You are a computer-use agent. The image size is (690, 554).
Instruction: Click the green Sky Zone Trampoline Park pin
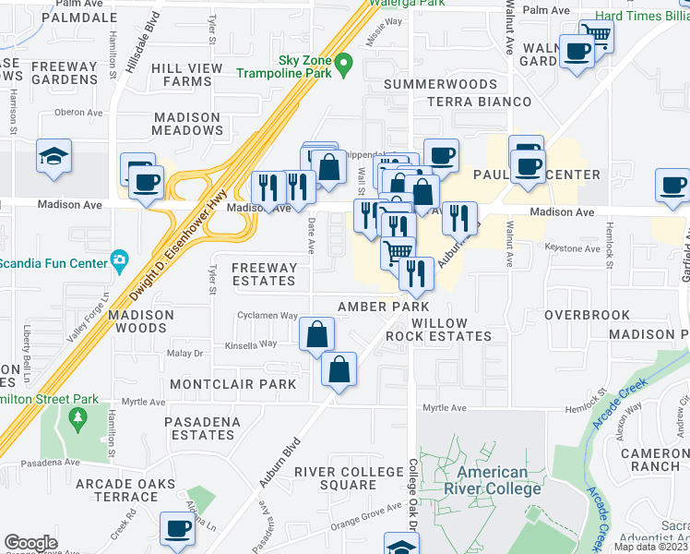tap(344, 65)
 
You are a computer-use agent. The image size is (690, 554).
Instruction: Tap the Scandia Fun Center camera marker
tap(118, 260)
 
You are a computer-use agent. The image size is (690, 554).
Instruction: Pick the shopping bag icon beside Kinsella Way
tap(316, 333)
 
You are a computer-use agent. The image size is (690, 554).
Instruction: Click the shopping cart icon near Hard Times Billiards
tap(597, 36)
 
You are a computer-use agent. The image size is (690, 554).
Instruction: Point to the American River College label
tap(485, 480)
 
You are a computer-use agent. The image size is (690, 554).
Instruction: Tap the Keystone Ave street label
tap(548, 248)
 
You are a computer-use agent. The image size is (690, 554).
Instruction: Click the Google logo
tap(31, 543)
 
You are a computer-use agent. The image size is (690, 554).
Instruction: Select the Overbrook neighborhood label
tap(587, 315)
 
